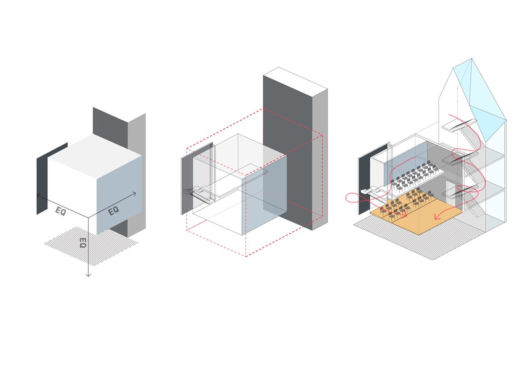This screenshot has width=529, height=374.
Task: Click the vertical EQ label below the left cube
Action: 82,243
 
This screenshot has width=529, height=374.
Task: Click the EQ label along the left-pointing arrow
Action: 61,211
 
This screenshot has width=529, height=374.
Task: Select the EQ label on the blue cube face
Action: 114,211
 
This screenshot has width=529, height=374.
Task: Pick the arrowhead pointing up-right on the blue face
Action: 134,194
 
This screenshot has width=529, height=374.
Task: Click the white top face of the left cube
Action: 95,156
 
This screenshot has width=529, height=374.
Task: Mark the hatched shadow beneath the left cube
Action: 91,247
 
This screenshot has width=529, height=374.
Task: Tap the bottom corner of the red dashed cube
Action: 246,256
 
